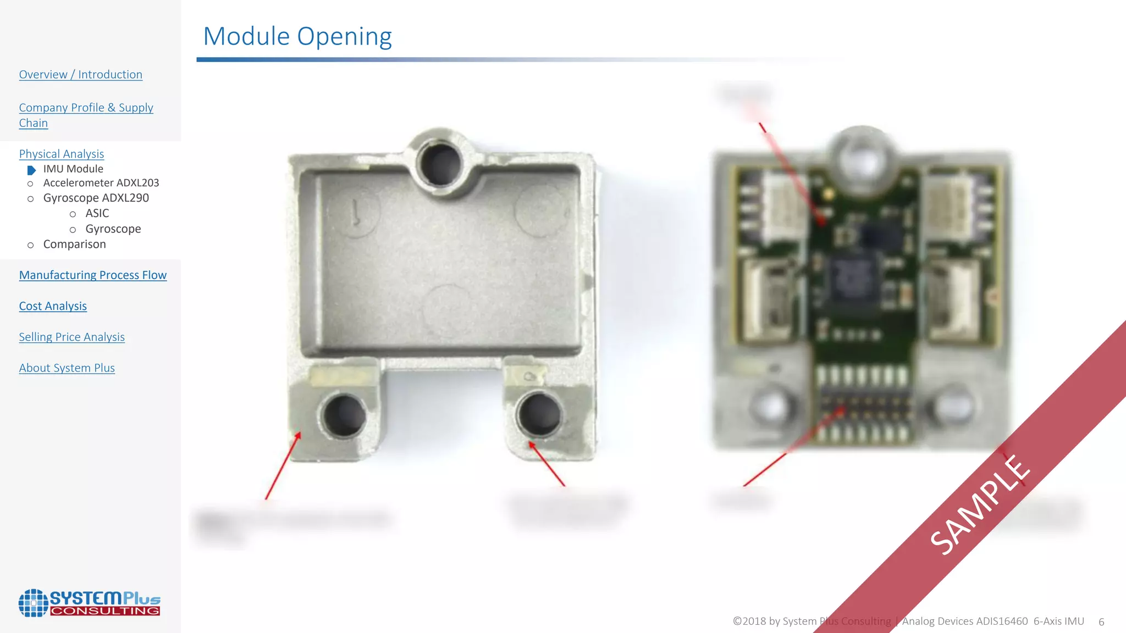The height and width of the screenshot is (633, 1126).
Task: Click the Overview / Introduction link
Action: tap(80, 75)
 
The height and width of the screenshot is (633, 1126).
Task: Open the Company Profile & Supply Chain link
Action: tap(86, 115)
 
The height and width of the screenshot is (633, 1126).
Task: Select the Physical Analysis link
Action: tap(62, 154)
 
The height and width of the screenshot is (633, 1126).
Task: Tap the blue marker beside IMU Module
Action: tap(31, 170)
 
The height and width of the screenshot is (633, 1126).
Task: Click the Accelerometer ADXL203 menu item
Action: tap(101, 183)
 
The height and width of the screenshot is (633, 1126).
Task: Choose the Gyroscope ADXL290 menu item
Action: tap(96, 198)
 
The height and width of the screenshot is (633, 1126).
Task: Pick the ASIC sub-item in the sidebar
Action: tap(97, 213)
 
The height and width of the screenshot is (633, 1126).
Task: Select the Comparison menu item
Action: tap(74, 244)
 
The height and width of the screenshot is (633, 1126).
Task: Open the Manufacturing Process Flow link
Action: tap(92, 275)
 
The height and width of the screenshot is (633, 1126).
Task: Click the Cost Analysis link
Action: tap(53, 306)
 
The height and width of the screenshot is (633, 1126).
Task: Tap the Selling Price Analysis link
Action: tap(71, 337)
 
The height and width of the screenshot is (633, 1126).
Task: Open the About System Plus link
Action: tap(67, 368)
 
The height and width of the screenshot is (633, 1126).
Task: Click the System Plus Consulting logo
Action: tap(90, 603)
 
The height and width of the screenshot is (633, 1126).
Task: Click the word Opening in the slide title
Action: tap(344, 37)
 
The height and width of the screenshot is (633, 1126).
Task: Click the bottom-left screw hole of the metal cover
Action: tap(344, 415)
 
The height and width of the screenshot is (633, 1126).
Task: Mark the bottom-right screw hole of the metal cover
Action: tap(539, 413)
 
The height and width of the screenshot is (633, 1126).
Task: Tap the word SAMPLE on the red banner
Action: tap(980, 504)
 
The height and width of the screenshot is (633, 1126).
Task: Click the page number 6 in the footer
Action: tap(1101, 622)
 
